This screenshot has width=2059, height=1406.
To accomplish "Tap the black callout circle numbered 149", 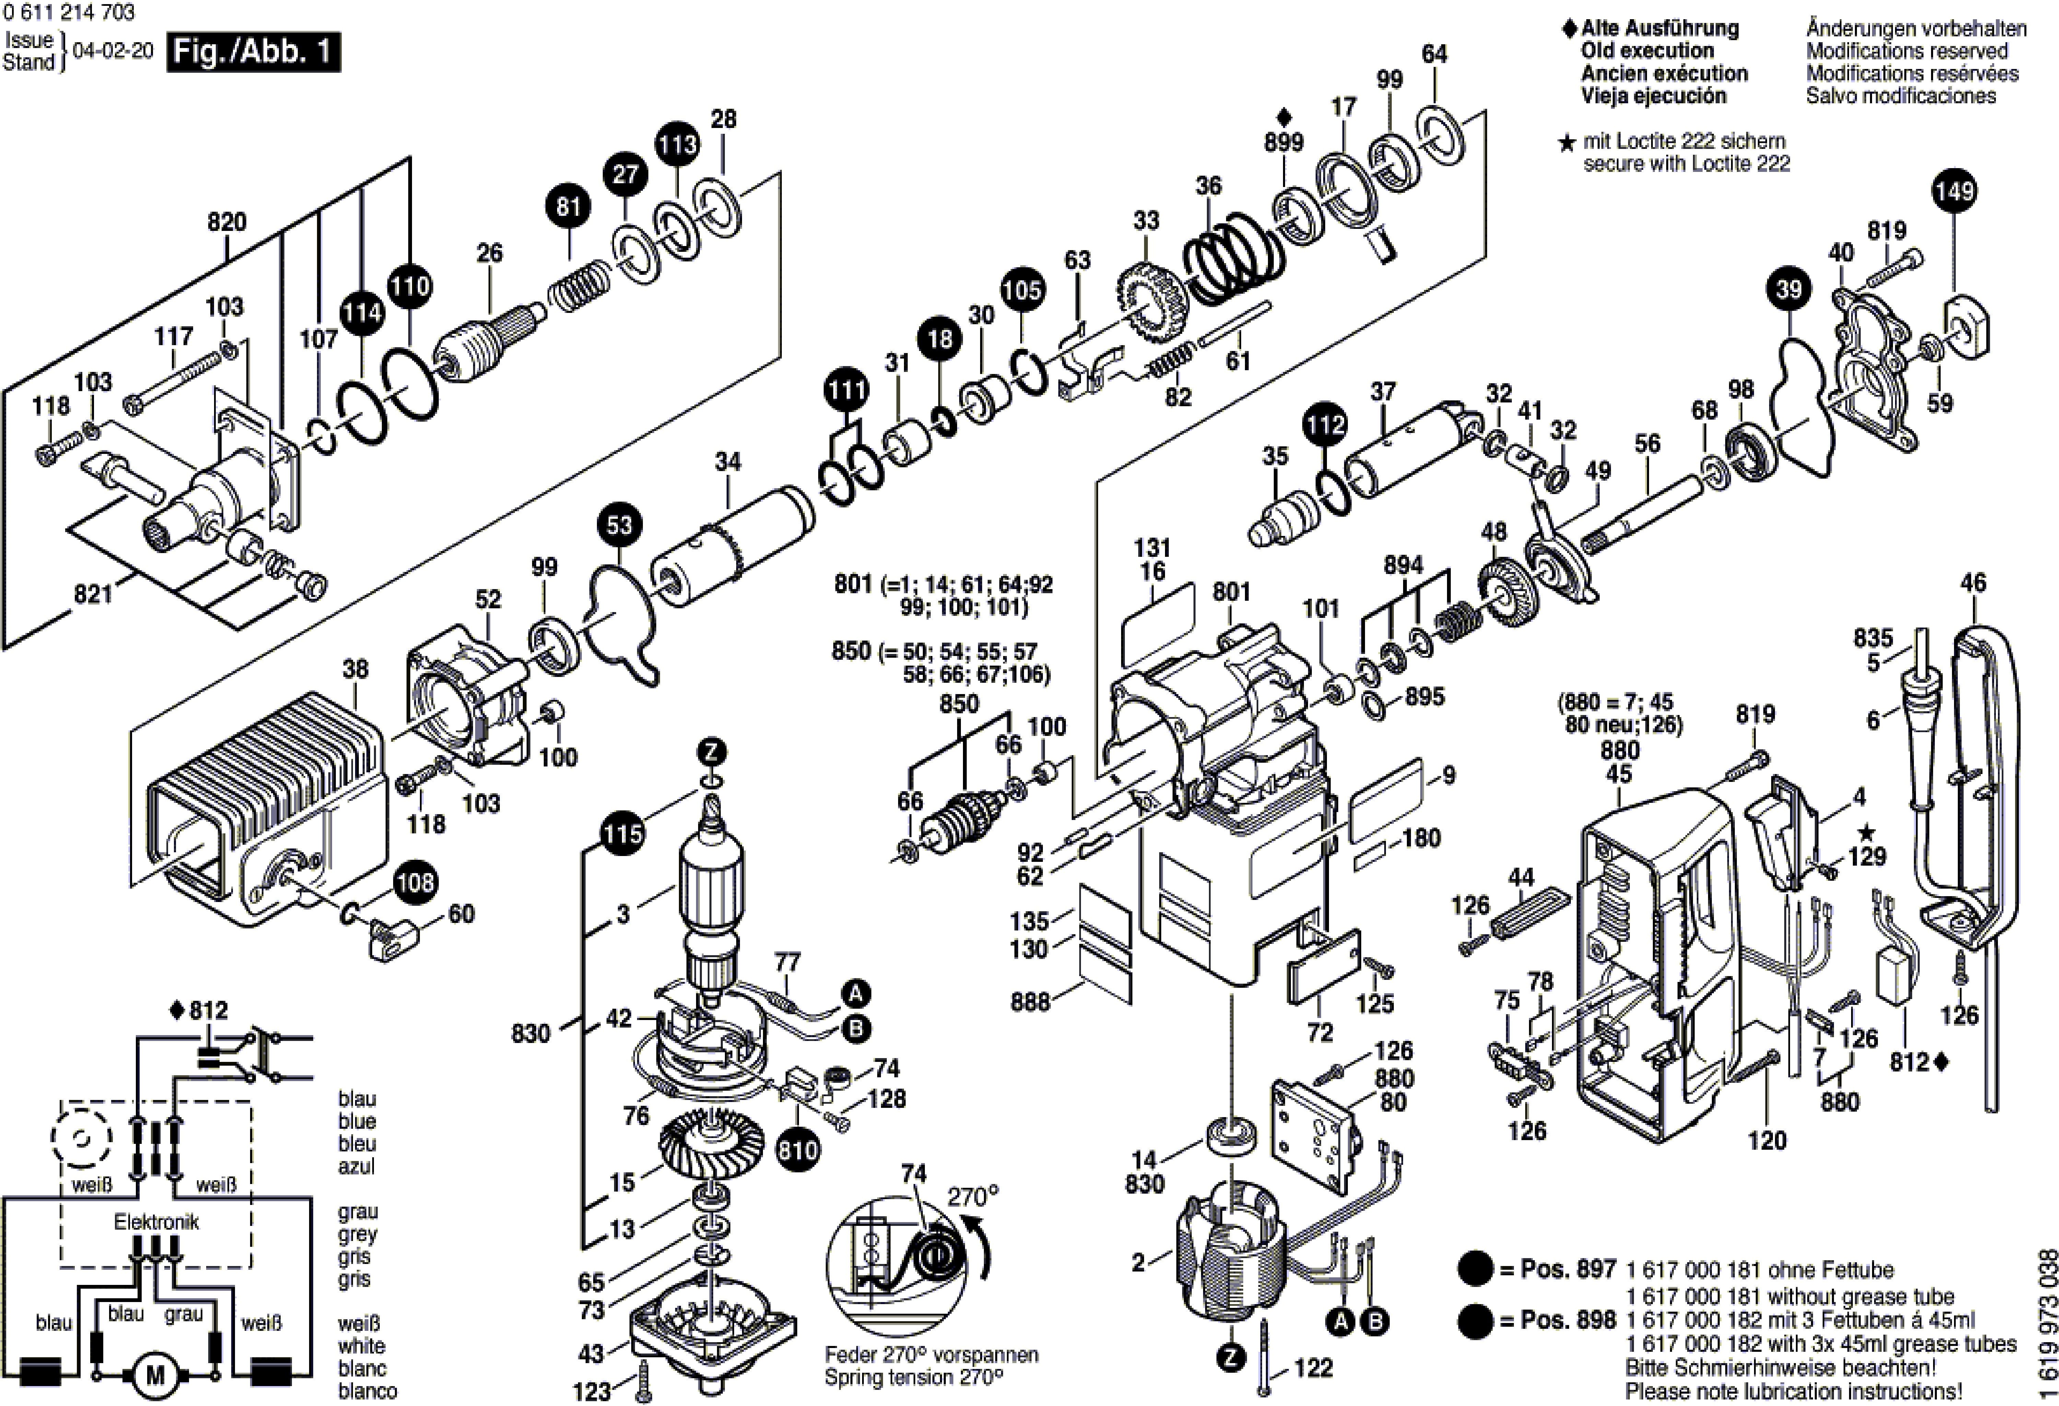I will [x=1954, y=191].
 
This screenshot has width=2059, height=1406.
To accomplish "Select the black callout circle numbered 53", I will [x=619, y=525].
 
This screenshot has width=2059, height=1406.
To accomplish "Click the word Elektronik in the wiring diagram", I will [x=156, y=1222].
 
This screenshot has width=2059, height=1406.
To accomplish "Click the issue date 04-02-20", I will [x=113, y=50].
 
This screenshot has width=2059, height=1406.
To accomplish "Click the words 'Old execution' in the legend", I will [x=1647, y=50].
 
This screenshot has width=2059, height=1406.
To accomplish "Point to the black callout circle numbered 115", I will [x=622, y=834].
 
